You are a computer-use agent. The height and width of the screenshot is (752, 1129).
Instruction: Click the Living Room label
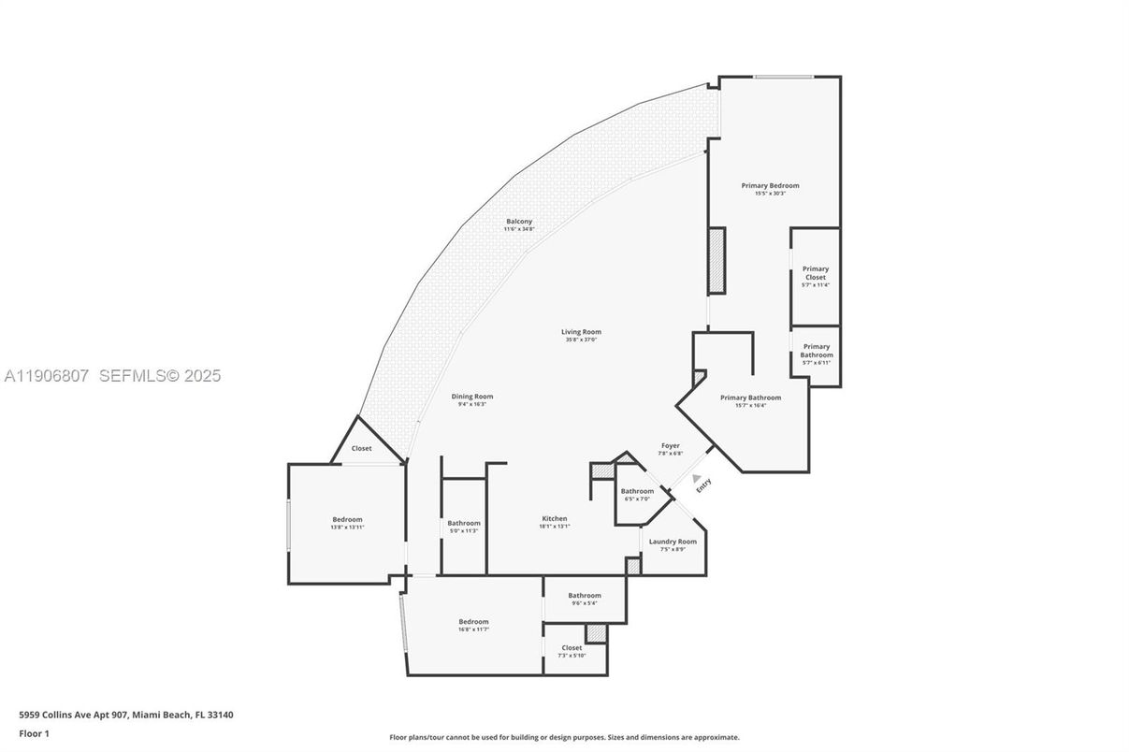click(x=581, y=332)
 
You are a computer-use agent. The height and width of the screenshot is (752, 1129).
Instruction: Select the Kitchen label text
click(x=555, y=519)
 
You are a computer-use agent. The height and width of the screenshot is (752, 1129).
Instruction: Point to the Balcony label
click(x=519, y=222)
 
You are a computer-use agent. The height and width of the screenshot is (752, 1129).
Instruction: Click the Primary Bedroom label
click(x=770, y=185)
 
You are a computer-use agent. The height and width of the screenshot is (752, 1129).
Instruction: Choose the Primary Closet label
click(x=815, y=273)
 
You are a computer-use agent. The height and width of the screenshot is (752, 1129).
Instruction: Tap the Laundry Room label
click(x=673, y=542)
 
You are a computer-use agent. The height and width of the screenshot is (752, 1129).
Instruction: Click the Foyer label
click(x=671, y=446)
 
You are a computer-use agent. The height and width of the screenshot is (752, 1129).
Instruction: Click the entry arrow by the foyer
click(x=697, y=481)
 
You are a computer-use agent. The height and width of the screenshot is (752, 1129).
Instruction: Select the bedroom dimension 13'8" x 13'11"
click(x=347, y=528)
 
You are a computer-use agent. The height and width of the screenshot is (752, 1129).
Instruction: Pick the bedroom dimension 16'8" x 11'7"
click(x=473, y=629)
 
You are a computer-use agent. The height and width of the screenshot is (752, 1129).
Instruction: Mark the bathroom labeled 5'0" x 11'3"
click(x=463, y=527)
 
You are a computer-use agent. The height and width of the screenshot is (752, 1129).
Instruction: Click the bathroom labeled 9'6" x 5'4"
click(x=585, y=599)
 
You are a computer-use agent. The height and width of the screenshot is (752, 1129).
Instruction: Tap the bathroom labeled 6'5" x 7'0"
click(x=637, y=495)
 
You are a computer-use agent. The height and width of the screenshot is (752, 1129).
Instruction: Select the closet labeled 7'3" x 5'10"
click(x=572, y=651)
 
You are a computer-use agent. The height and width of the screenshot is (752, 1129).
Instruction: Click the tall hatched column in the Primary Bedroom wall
click(x=716, y=261)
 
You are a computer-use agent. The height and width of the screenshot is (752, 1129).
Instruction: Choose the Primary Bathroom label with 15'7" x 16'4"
click(x=750, y=401)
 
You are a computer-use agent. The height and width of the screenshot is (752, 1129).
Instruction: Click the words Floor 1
click(x=34, y=733)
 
